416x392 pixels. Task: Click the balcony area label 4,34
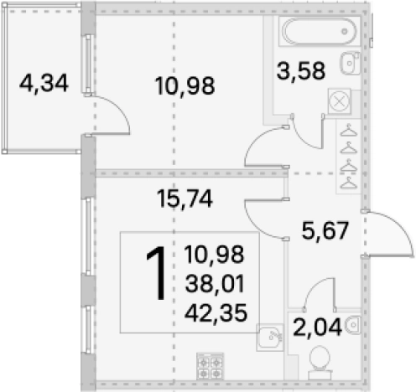(44, 83)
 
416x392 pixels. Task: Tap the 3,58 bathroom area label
(301, 70)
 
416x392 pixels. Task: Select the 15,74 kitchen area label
(185, 199)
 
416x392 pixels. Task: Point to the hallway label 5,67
(325, 230)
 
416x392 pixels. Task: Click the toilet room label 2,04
(317, 327)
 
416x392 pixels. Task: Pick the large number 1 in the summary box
(157, 274)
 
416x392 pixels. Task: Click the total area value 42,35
(216, 312)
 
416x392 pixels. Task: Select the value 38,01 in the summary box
(215, 283)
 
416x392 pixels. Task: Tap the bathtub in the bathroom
(320, 31)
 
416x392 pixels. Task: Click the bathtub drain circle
(345, 31)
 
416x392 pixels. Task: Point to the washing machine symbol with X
(339, 101)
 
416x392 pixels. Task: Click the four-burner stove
(211, 367)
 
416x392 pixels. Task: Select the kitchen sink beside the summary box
(270, 338)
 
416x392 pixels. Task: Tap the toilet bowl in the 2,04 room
(320, 363)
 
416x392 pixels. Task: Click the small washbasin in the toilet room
(353, 324)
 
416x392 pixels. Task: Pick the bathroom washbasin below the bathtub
(350, 63)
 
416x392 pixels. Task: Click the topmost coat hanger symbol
(349, 131)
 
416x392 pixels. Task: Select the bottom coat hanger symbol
(349, 183)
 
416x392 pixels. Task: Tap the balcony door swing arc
(117, 108)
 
